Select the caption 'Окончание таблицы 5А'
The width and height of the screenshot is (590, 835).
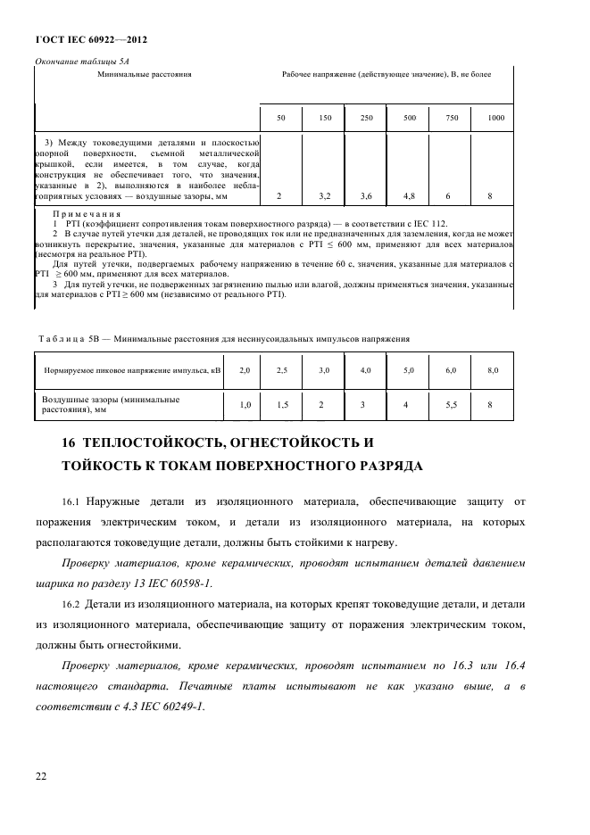click(75, 61)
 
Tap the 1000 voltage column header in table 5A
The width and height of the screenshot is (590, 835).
click(495, 119)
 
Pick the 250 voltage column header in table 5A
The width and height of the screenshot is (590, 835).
click(366, 119)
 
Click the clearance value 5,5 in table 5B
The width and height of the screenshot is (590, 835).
click(449, 404)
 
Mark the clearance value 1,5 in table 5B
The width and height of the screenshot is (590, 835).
click(282, 404)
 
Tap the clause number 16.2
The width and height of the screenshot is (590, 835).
click(73, 604)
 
